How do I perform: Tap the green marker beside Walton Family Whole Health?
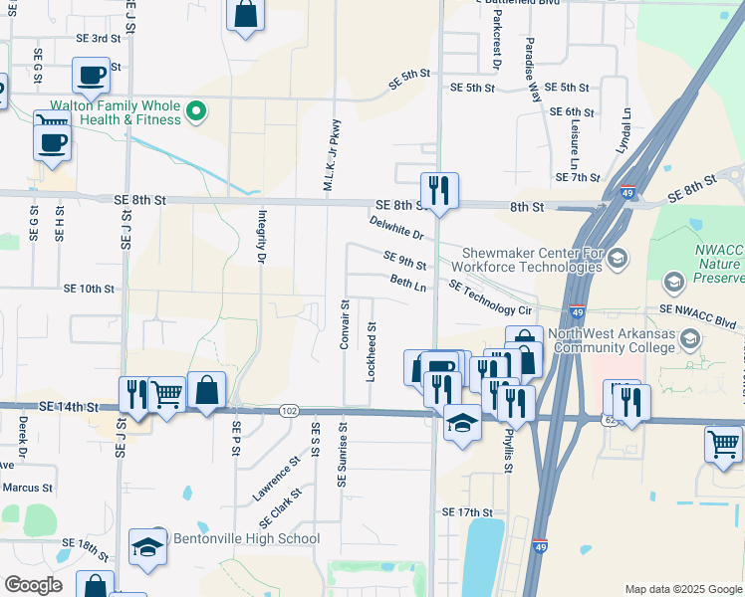197,111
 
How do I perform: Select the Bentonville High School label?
247,539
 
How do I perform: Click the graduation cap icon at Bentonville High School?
147,547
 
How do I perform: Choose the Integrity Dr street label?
262,237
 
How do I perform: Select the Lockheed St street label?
371,352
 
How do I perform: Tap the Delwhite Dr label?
395,228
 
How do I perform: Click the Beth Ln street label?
408,284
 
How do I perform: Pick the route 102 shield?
289,410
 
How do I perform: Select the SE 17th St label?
468,511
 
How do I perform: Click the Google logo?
33,585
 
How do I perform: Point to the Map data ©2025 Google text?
682,589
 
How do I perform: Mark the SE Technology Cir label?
492,298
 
